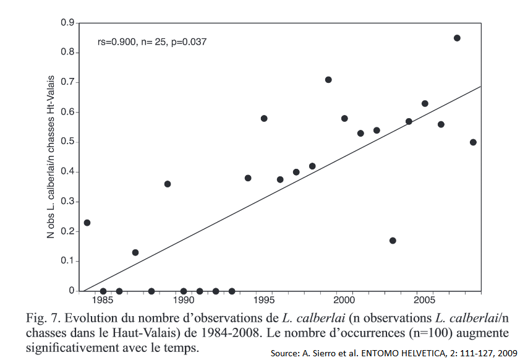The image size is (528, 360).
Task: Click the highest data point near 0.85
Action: point(457,38)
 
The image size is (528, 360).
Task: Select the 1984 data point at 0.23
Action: point(87,223)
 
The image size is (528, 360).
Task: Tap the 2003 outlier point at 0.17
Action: point(393,241)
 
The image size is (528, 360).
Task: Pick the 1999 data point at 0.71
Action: point(328,80)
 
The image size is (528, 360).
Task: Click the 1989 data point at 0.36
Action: point(168,184)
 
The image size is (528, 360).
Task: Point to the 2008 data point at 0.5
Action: point(473,142)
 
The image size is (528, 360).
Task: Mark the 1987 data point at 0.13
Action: point(135,252)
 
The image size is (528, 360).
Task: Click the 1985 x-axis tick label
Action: point(103,301)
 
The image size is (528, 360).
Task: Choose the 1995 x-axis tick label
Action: point(264,301)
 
